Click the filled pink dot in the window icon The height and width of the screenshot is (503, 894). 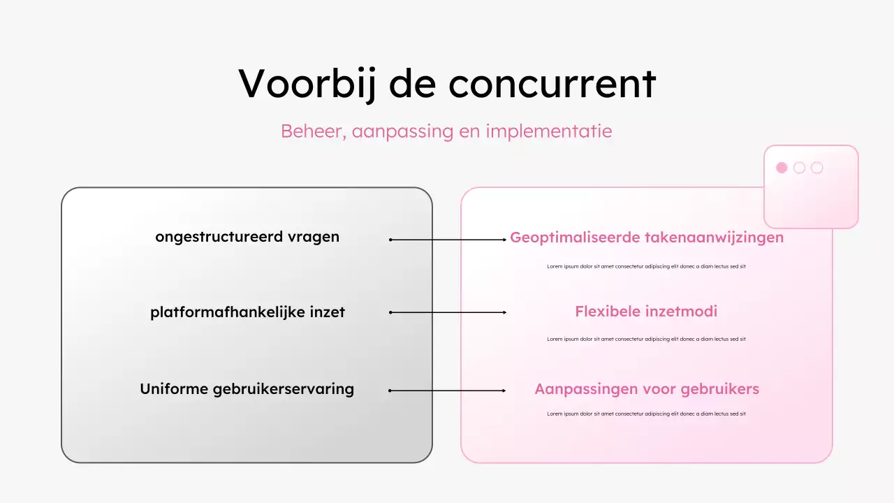(x=782, y=168)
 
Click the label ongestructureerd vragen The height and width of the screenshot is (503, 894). (x=247, y=237)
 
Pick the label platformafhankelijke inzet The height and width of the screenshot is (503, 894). (x=247, y=312)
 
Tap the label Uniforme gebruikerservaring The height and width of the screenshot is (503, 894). (x=247, y=389)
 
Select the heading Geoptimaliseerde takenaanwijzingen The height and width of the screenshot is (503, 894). (x=647, y=238)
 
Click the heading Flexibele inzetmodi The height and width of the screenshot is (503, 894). (x=646, y=312)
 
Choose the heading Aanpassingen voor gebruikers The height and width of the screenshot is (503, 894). (x=647, y=389)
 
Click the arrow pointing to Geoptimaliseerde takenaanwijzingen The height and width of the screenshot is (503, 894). (x=448, y=240)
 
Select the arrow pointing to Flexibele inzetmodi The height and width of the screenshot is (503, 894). (x=448, y=312)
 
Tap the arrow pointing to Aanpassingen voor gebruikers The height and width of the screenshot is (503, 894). (x=448, y=391)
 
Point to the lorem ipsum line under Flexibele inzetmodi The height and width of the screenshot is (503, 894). (x=646, y=340)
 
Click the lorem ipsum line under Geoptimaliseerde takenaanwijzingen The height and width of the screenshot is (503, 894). (x=646, y=266)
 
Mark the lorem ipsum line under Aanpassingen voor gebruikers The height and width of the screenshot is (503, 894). (x=646, y=414)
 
